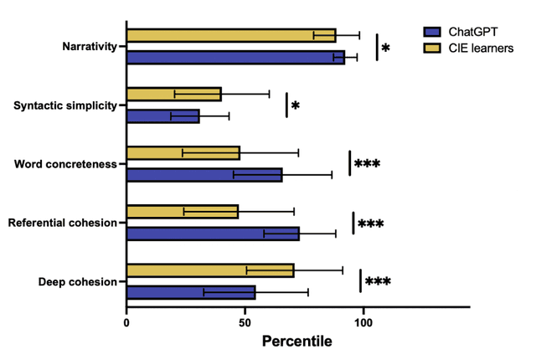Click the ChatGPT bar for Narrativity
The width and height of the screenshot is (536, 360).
point(235,57)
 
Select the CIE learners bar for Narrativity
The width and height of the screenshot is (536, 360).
point(231,35)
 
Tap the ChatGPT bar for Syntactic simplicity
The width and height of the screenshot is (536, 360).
point(162,116)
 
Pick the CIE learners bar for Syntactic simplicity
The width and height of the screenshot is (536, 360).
point(173,95)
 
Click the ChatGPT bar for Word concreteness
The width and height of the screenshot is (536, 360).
point(204,175)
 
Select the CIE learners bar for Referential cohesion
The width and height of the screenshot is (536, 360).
point(182,211)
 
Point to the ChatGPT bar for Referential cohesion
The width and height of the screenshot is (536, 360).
point(213,234)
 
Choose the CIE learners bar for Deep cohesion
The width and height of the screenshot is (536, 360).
point(210,270)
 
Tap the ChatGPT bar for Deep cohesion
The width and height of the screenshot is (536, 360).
point(191,292)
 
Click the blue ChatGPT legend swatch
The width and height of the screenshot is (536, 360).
point(433,31)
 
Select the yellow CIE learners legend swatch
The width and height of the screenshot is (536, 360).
point(433,48)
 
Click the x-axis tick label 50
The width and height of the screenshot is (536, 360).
point(245,321)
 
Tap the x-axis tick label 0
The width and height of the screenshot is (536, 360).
point(126,321)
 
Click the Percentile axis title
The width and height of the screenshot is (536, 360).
point(296,342)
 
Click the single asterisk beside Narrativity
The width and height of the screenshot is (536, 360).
point(385,49)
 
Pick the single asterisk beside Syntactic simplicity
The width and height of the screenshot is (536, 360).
point(295,107)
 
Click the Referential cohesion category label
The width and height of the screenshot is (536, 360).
point(62,223)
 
